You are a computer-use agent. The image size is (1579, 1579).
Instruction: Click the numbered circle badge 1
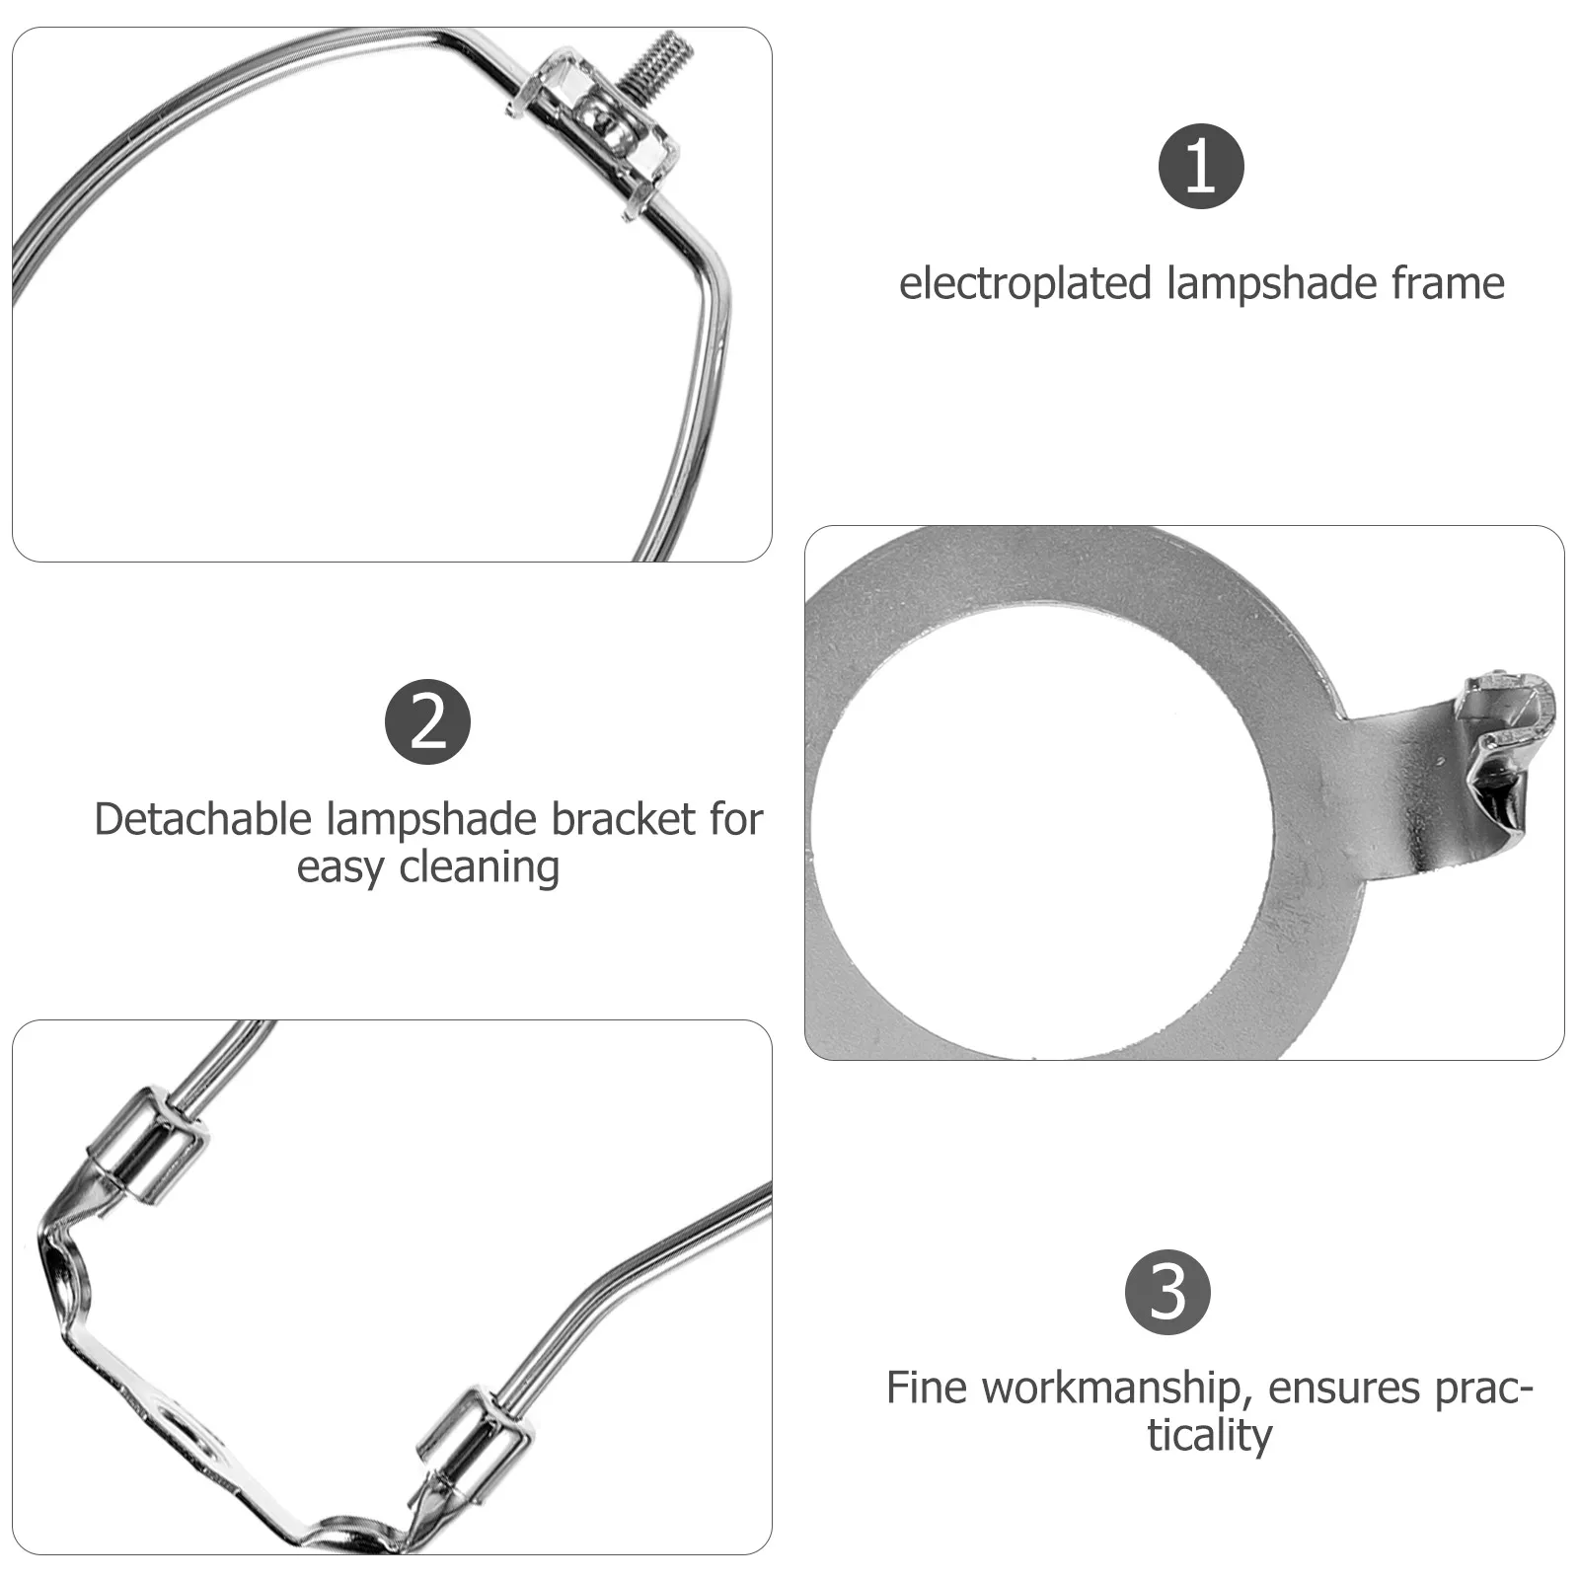(1200, 166)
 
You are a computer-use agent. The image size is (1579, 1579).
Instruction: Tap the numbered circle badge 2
(427, 722)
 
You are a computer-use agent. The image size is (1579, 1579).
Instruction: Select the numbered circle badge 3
(1167, 1292)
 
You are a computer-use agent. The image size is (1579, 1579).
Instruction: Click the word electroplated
(1025, 284)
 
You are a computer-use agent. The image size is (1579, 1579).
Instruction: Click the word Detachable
(203, 819)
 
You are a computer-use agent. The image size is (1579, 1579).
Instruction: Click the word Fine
(926, 1388)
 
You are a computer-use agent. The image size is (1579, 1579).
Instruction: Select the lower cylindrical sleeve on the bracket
(477, 1442)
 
